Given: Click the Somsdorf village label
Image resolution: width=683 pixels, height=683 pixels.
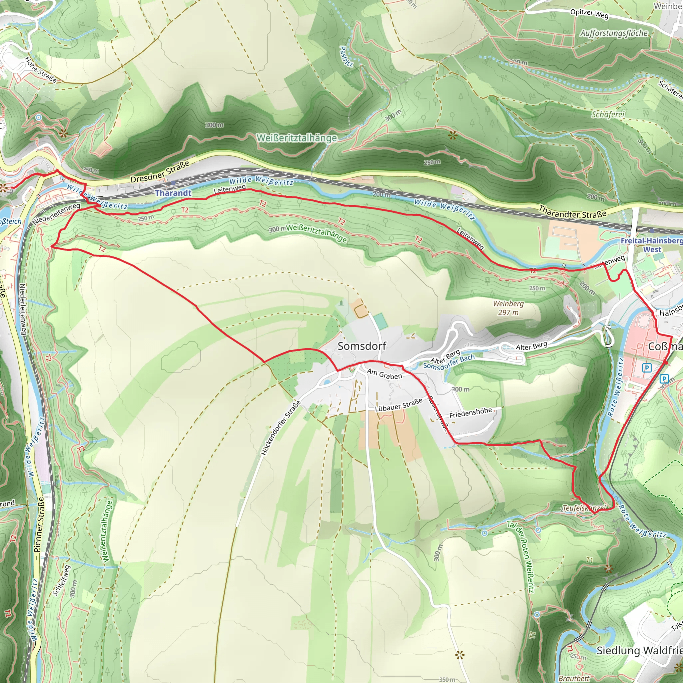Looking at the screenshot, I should point(362,346).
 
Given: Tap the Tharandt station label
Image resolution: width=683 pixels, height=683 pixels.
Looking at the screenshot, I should point(173,193).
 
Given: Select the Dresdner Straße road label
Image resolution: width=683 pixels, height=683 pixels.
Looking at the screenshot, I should point(160,172).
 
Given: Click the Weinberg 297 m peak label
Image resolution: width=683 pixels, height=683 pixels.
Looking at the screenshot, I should point(508,308).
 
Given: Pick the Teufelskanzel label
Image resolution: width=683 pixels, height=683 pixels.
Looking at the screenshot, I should point(584,508).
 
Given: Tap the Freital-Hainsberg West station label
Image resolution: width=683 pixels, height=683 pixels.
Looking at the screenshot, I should point(652,245).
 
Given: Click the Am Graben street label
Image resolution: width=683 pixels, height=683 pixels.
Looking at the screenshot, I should point(384,374).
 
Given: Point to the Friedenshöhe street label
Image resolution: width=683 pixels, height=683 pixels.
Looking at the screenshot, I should point(470,413).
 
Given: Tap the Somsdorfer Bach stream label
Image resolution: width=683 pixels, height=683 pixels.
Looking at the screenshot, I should point(449,362).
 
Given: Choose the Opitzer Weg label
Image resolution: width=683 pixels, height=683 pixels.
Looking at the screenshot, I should point(589,13).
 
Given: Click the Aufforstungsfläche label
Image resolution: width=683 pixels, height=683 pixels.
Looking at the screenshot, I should point(614,34).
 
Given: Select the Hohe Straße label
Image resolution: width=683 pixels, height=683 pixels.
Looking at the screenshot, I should point(41,70).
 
